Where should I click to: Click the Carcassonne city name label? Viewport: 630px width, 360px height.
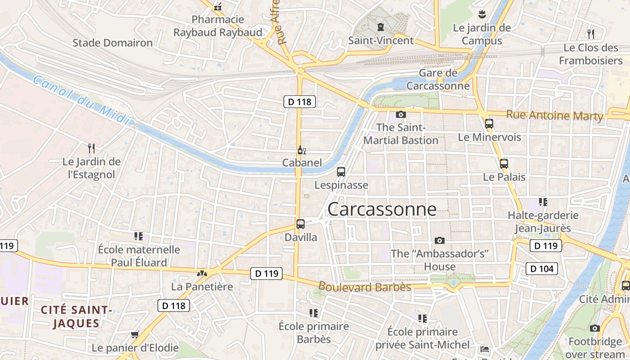382,210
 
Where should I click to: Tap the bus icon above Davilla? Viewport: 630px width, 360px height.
301,224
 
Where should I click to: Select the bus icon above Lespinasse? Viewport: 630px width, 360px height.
341,171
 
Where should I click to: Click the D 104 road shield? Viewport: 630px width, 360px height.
542,269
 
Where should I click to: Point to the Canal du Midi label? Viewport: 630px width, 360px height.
81,100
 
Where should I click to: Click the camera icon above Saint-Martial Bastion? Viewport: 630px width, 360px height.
400,115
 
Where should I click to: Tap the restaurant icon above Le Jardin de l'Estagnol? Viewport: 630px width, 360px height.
91,148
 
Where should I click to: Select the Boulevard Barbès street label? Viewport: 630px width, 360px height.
364,287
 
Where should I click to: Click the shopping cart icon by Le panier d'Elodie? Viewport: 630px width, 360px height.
135,334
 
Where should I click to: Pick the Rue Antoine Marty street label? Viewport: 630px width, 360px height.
554,116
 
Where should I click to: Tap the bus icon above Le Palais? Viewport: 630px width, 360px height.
504,164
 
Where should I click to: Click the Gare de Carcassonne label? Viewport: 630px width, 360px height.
438,80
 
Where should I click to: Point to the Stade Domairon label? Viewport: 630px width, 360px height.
112,43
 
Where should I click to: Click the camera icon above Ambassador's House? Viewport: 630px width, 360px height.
440,241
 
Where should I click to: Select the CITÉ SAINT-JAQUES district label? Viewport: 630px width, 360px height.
76,316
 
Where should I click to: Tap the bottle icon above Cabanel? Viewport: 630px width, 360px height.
301,150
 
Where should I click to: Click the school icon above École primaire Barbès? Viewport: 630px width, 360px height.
314,313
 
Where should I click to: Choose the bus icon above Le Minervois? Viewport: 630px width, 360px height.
489,124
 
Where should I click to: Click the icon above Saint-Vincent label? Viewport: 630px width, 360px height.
381,27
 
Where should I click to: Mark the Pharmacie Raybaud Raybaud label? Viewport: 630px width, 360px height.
218,26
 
